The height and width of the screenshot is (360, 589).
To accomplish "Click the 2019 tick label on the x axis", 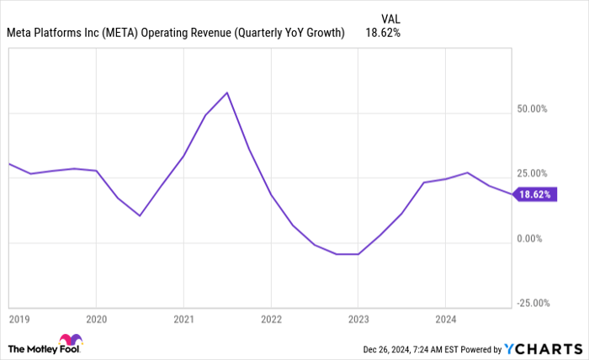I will coord(18,320).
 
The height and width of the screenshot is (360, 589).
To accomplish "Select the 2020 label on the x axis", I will coord(96,320).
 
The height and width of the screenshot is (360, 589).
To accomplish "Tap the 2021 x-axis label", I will coord(183,320).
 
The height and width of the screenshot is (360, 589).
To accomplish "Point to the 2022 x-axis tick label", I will coord(271,320).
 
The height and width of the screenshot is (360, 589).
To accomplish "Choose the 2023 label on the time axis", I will coord(358,320).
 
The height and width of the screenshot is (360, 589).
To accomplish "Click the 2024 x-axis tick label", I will coord(445,320).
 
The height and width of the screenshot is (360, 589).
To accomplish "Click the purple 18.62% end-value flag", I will coord(535,194).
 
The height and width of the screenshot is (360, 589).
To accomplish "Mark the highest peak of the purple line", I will coord(227,93).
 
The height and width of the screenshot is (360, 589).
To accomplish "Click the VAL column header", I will coord(390,19).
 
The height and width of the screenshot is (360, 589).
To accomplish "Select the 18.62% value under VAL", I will coord(383,34).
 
